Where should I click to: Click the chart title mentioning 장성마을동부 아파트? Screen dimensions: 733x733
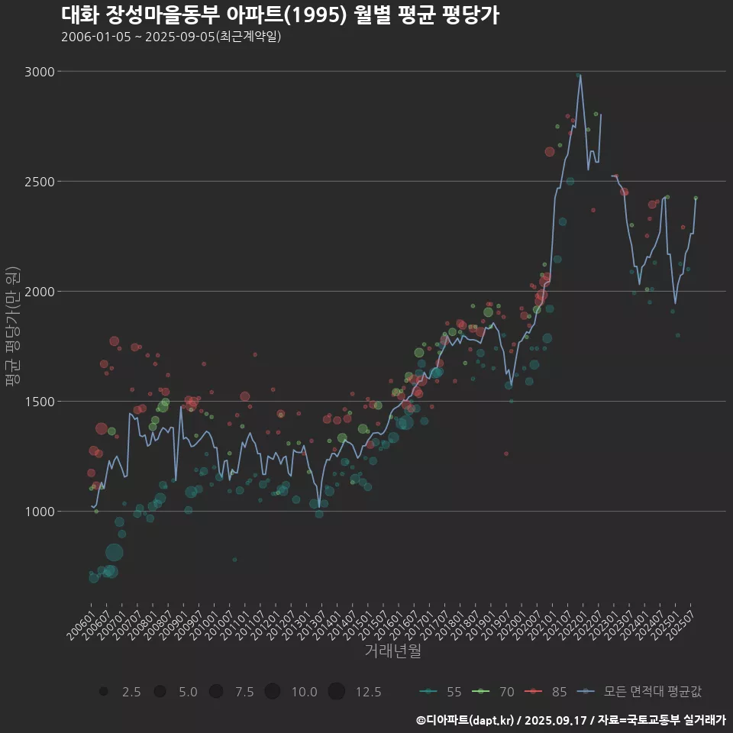tap(279, 15)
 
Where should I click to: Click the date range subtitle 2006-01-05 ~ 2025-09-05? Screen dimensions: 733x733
tap(171, 37)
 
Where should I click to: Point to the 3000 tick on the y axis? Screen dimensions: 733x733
tap(41, 72)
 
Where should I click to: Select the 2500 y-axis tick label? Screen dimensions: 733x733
tap(41, 182)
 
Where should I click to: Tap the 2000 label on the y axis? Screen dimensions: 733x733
tap(41, 292)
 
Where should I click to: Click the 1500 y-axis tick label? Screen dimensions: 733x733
tap(41, 402)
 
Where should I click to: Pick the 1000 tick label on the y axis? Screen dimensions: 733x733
tap(41, 512)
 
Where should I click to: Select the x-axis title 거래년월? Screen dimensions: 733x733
tap(392, 651)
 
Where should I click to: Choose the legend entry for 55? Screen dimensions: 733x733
tap(441, 692)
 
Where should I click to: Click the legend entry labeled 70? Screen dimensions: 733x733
tap(494, 692)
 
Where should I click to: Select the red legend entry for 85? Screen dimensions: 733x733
tap(547, 692)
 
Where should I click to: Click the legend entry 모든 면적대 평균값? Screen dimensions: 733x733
tap(640, 692)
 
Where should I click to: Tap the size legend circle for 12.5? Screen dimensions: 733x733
tap(336, 692)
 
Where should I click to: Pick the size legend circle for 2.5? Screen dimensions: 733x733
tap(103, 692)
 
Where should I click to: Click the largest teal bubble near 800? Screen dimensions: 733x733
tap(115, 552)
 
